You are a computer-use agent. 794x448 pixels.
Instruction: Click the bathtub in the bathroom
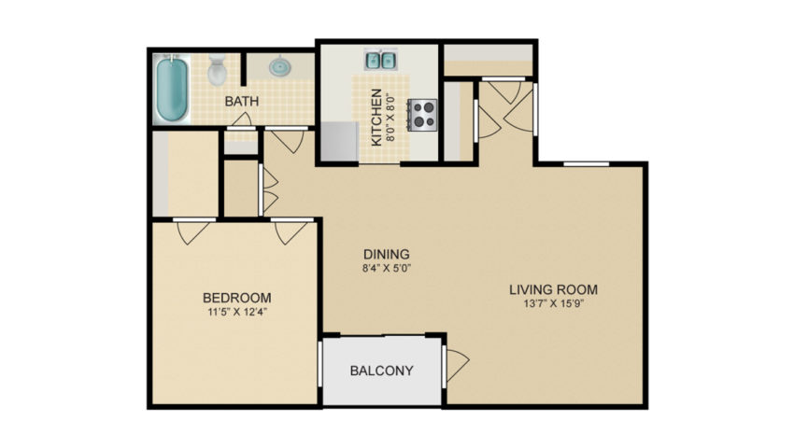click(172, 89)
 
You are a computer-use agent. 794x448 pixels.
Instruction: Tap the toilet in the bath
click(218, 70)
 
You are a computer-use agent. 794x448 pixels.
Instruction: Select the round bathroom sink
click(279, 66)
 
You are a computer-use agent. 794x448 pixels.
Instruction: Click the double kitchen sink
click(381, 61)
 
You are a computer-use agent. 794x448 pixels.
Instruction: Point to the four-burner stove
click(422, 115)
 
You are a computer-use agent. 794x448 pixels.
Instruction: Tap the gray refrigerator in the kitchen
click(340, 141)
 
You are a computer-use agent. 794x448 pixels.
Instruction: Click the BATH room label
click(242, 101)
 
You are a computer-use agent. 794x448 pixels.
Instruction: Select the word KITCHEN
click(376, 118)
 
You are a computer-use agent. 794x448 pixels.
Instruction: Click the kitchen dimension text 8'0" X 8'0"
click(390, 118)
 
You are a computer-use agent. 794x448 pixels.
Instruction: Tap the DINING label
click(387, 254)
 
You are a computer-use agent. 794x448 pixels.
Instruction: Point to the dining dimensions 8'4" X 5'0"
click(387, 269)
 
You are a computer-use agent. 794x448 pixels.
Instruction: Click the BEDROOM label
click(237, 298)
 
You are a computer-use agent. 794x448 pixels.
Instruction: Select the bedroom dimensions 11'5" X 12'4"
click(237, 312)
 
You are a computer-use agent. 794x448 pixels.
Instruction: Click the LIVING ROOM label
click(554, 289)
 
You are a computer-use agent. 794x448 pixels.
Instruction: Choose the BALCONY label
click(382, 371)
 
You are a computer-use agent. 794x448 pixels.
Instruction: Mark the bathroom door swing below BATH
click(242, 119)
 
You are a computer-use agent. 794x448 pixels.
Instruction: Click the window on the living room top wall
click(587, 163)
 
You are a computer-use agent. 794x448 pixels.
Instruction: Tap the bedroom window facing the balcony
click(320, 365)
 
